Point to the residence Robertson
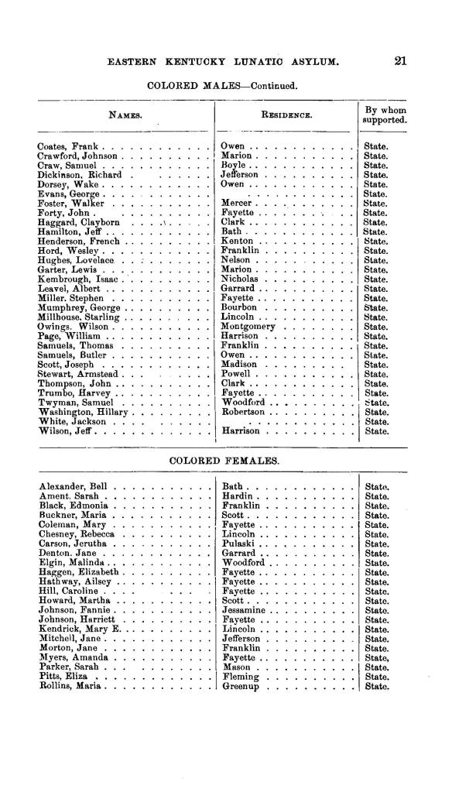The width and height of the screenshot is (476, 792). (x=248, y=413)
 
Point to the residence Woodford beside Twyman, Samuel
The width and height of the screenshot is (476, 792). (x=246, y=403)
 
